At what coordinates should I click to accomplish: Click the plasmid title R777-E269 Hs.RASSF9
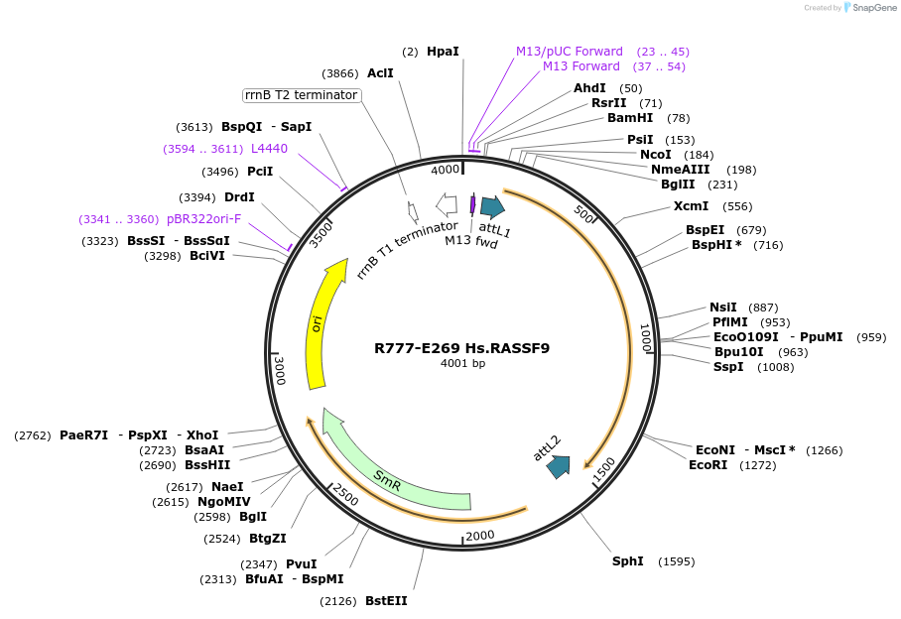coord(461,348)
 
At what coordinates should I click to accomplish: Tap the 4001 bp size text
coord(462,364)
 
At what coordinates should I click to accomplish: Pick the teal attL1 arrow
coord(493,206)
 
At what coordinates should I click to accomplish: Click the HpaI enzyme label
coord(443,52)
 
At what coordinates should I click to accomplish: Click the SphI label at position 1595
coord(627,561)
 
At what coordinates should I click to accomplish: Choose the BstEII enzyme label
coord(386,601)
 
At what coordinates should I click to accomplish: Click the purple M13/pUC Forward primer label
coord(569,52)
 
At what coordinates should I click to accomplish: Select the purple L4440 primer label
coord(269,149)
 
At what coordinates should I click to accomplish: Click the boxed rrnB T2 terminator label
coord(301,95)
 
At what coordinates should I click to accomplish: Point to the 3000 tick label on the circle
coord(280,371)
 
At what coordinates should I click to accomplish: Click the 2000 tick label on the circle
coord(479,536)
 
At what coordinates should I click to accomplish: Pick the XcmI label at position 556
coord(691,206)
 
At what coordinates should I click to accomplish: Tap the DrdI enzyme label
coord(239,197)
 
